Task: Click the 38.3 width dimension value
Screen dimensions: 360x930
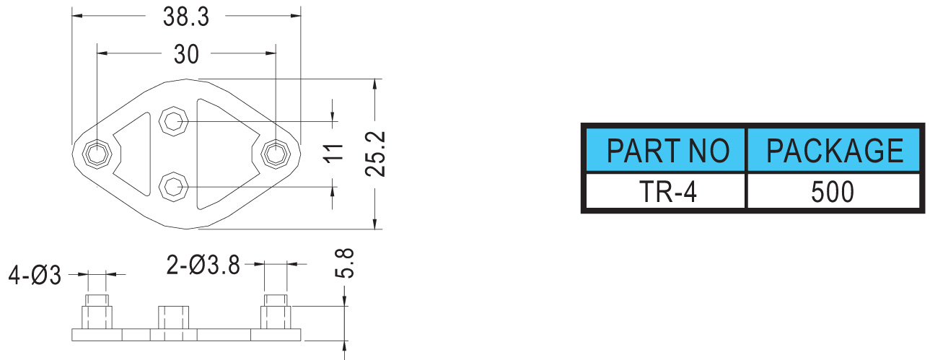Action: pos(185,17)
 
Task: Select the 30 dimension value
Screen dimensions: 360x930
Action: pos(185,53)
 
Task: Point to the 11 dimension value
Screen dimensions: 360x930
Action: pos(333,153)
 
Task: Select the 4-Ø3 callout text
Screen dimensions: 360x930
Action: pos(35,275)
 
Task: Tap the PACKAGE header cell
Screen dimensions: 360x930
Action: pos(834,152)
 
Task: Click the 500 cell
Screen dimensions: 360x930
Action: pos(834,192)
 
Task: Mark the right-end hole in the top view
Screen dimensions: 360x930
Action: pos(275,152)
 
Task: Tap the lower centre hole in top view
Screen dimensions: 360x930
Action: pos(173,187)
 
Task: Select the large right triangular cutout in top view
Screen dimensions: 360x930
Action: pos(220,153)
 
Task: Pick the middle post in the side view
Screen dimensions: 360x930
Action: pos(173,317)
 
